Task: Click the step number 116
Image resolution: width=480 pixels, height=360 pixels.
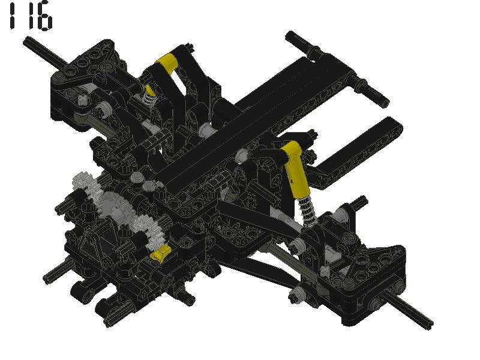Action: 28,17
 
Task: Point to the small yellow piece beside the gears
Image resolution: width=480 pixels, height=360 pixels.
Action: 163,254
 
